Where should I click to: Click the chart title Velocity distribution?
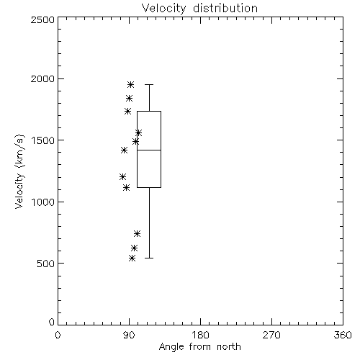(x=199, y=9)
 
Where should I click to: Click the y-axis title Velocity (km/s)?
(x=19, y=171)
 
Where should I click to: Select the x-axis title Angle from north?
(x=199, y=346)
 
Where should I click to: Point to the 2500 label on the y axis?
(x=42, y=19)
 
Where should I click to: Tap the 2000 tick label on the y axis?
(x=42, y=78)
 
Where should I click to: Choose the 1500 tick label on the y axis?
(x=43, y=140)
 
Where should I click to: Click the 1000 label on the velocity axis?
(x=43, y=202)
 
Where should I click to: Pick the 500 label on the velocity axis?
(x=46, y=264)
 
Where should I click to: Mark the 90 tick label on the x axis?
(x=129, y=335)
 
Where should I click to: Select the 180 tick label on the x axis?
(x=200, y=335)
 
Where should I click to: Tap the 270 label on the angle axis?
(x=271, y=335)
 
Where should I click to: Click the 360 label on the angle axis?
(x=343, y=335)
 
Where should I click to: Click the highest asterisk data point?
(x=130, y=84)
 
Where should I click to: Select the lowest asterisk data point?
(x=132, y=258)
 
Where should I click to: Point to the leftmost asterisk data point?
(x=122, y=177)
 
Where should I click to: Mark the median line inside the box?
(x=149, y=150)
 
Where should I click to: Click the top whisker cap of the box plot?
(x=149, y=84)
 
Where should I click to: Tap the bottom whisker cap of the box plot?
(x=149, y=258)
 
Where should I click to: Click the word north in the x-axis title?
(x=229, y=346)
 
